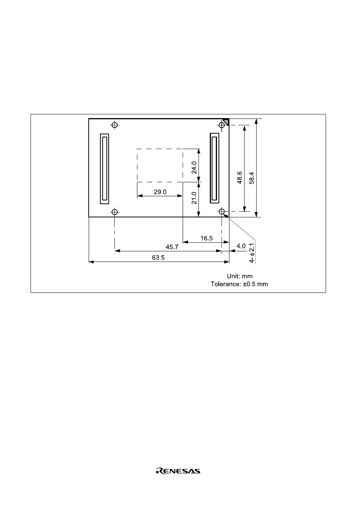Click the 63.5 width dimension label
pos(158,258)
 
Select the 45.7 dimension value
pos(172,247)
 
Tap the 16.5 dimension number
pos(206,238)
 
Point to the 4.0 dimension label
pos(241,246)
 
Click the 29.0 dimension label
pos(160,192)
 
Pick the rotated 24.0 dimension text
pos(194,167)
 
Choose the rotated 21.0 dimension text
pos(194,198)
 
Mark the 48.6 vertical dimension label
pos(240,178)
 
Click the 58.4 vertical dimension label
pos(252,178)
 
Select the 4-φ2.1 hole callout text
pos(252,253)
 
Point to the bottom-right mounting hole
pos(222,211)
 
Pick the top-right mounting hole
pos(222,125)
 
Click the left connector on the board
pos(105,169)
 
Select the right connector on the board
pos(214,168)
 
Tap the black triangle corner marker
pos(226,122)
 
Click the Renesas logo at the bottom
pos(178,471)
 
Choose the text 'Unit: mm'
pos(240,276)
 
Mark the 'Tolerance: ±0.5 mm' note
pos(239,284)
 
